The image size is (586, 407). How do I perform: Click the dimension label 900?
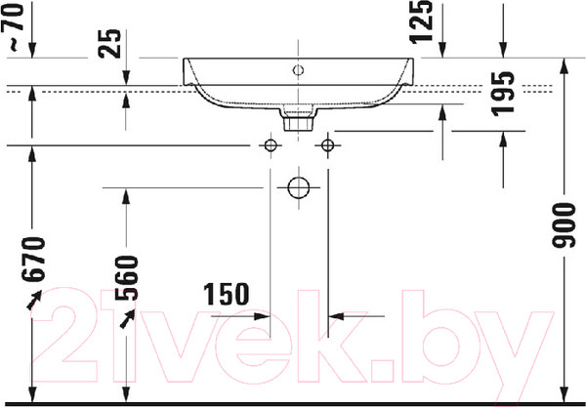pos(564,225)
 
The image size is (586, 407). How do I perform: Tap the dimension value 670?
pos(33,259)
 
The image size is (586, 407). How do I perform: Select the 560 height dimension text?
pos(126,278)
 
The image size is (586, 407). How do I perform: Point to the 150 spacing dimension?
pos(227,294)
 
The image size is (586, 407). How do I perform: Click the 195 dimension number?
pos(503,94)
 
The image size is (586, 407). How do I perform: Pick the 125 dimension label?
pos(421,21)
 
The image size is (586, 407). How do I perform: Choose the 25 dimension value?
pos(109,44)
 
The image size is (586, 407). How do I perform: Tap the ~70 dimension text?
pos(13,26)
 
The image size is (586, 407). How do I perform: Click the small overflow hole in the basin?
pos(298,70)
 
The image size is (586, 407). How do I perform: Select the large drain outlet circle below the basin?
pos(299,187)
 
